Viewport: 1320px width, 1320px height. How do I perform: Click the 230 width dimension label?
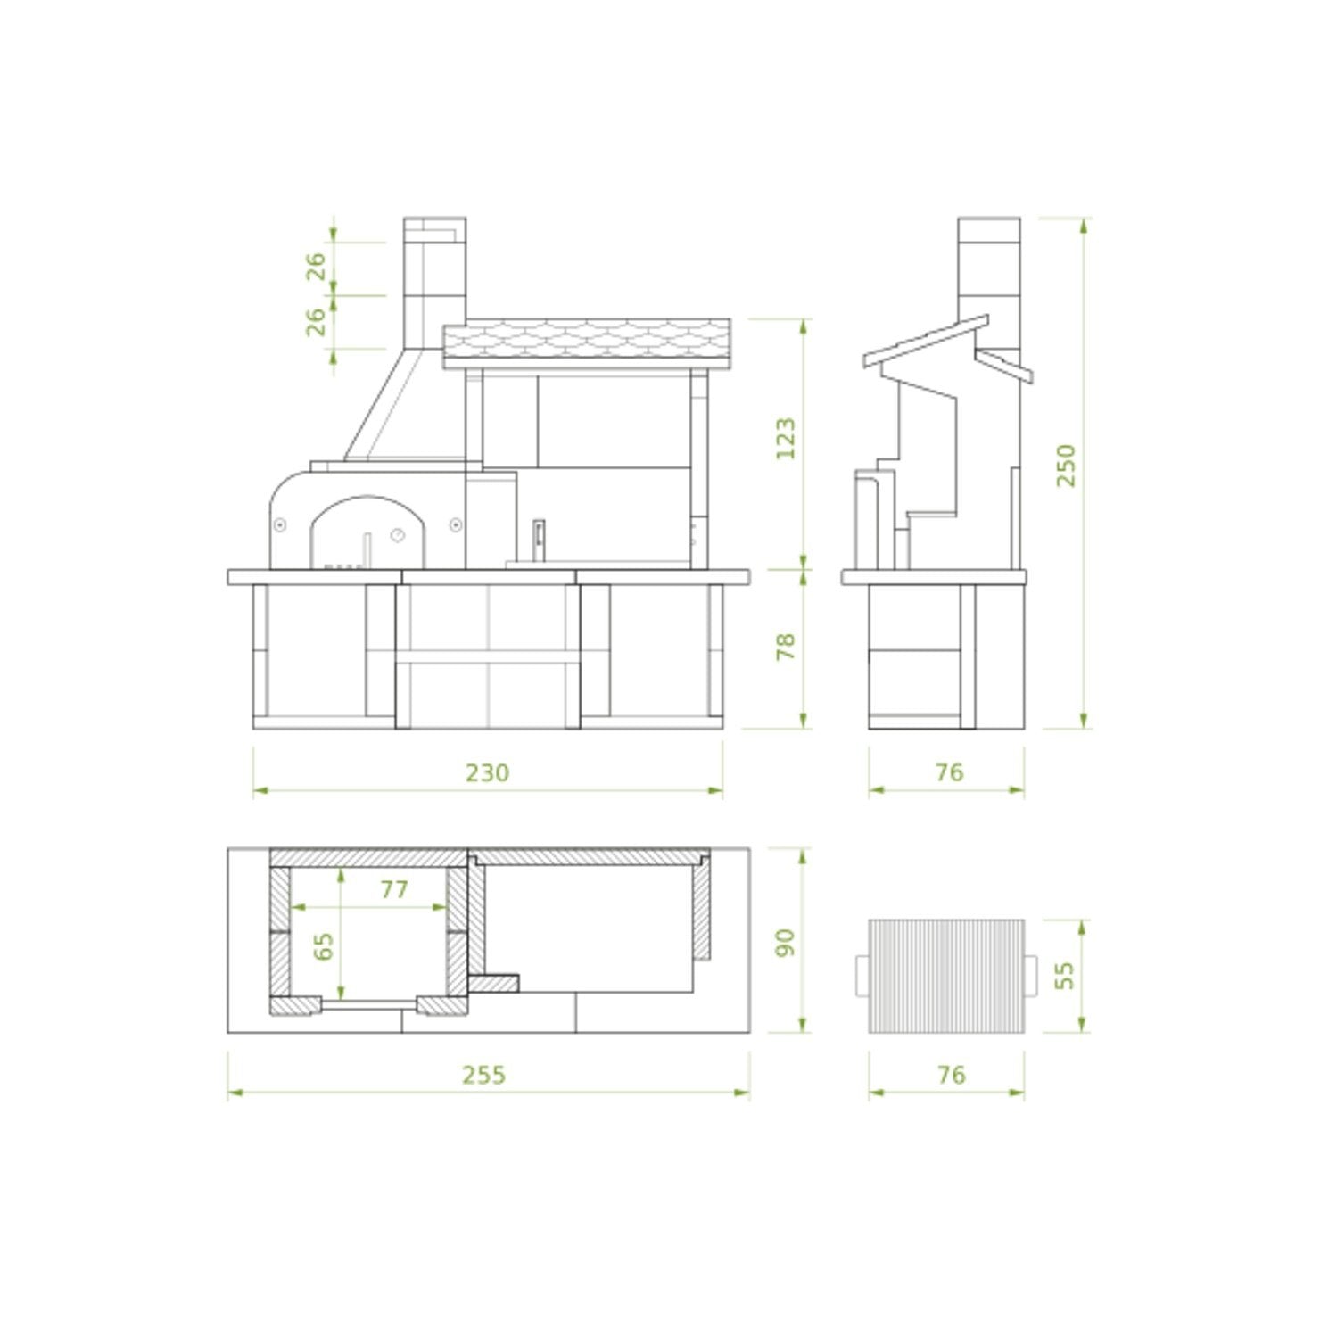click(487, 772)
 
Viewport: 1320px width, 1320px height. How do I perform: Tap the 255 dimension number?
click(483, 1075)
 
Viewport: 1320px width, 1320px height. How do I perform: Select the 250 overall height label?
click(1066, 466)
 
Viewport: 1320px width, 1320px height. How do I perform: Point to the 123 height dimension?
click(786, 438)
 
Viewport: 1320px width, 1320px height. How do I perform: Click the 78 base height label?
click(786, 646)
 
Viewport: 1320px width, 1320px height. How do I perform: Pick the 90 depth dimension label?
click(786, 942)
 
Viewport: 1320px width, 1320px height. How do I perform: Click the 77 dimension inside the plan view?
click(394, 889)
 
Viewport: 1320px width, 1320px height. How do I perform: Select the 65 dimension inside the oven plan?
click(325, 946)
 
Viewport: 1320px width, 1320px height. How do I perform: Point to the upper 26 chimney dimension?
click(317, 267)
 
